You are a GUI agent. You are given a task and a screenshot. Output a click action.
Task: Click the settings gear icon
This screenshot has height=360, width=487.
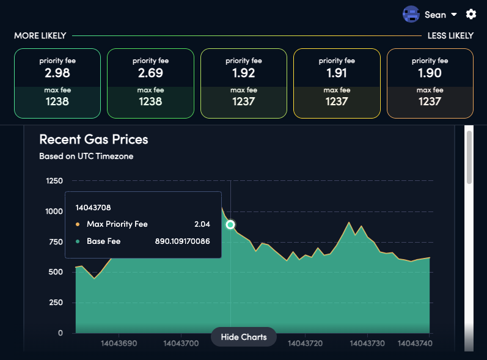coord(471,14)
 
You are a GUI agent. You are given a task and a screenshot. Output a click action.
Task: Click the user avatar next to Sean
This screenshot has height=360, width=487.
coord(411,14)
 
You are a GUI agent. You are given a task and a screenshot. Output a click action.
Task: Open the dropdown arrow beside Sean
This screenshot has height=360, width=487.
coord(454,15)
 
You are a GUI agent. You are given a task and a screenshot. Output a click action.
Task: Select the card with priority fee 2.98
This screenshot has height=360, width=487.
coord(57,83)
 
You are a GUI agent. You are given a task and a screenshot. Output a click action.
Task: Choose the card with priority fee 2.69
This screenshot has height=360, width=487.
coord(150,83)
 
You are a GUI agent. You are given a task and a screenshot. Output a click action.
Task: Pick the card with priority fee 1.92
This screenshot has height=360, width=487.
coord(243,83)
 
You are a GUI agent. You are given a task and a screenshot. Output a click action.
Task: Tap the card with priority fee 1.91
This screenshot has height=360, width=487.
coord(337,83)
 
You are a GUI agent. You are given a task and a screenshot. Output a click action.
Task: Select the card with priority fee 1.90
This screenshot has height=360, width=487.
coord(430,83)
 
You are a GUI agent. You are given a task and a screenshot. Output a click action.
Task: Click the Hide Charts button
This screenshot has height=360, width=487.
coord(243,337)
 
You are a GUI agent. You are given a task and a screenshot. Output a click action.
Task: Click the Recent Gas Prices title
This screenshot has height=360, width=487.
coord(93,139)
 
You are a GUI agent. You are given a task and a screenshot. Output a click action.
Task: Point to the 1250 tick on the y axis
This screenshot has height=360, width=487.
coord(54,181)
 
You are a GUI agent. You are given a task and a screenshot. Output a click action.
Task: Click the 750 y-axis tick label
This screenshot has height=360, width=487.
coord(56,242)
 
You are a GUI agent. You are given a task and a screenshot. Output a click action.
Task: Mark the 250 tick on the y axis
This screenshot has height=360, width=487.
coord(56,303)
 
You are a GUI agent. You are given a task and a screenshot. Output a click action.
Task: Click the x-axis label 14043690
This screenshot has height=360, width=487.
coord(118,344)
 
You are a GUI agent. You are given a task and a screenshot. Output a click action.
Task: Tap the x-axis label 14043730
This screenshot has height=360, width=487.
coord(367,344)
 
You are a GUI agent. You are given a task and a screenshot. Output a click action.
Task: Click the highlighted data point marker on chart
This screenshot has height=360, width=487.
coord(230,225)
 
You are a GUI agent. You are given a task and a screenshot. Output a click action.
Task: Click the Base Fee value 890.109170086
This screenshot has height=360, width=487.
coord(182,241)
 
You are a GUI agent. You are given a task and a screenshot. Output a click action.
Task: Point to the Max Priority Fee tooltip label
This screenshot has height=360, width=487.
coord(117,224)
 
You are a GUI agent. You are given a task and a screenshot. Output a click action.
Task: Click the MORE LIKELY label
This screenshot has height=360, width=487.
coord(40,36)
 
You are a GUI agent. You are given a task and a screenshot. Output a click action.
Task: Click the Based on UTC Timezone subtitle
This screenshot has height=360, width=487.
coord(86,156)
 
